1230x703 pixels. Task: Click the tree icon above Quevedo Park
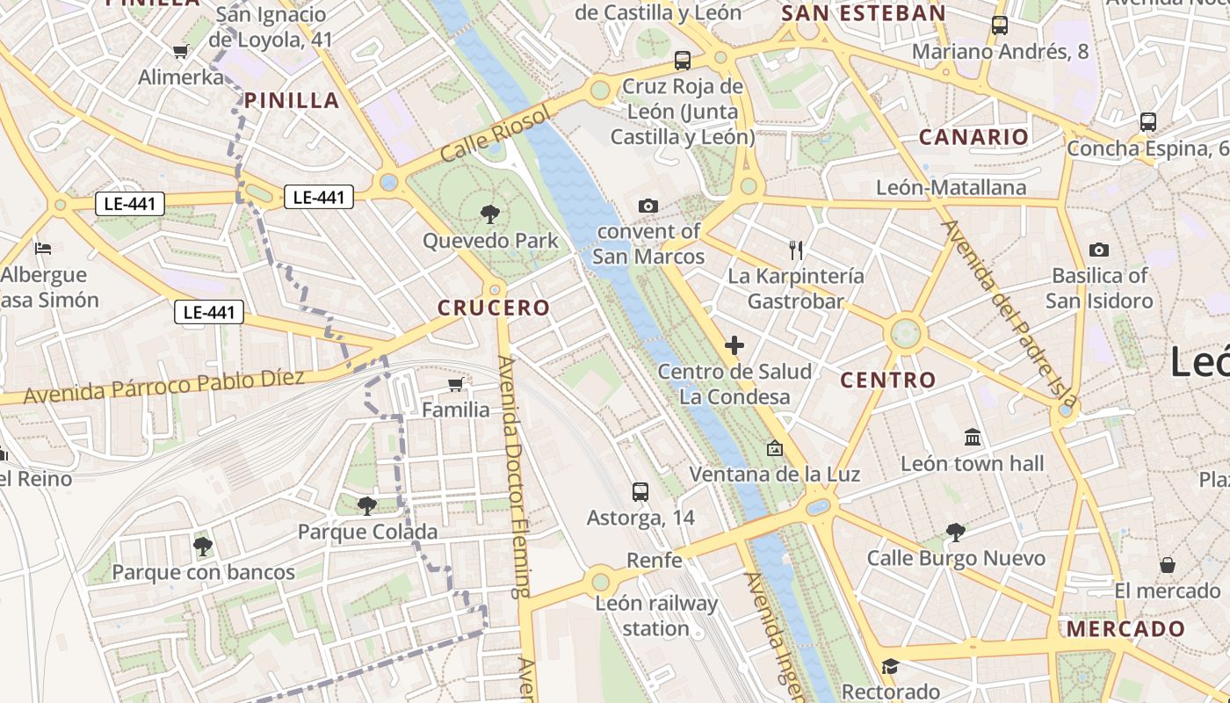tap(490, 214)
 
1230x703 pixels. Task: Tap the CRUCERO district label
tap(494, 308)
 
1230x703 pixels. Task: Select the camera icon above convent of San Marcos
tap(648, 206)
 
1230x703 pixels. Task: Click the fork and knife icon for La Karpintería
tap(796, 250)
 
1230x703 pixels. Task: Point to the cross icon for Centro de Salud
tap(734, 345)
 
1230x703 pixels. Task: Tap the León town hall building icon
tap(973, 437)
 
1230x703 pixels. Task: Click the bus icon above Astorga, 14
tap(640, 492)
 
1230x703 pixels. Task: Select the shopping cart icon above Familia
tap(455, 384)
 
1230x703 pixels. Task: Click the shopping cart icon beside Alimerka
tap(181, 51)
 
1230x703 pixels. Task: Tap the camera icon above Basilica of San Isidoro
tap(1099, 250)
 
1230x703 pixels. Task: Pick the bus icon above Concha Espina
tap(1147, 122)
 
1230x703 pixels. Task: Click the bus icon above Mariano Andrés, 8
tap(1000, 25)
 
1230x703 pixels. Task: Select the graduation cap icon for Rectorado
tap(890, 666)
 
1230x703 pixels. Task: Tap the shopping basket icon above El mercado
tap(1168, 564)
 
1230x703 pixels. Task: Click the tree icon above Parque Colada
tap(367, 505)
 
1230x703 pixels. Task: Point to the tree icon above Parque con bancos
tap(203, 547)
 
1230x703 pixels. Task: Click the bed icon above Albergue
tap(43, 249)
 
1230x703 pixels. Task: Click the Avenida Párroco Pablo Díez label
tap(163, 387)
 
